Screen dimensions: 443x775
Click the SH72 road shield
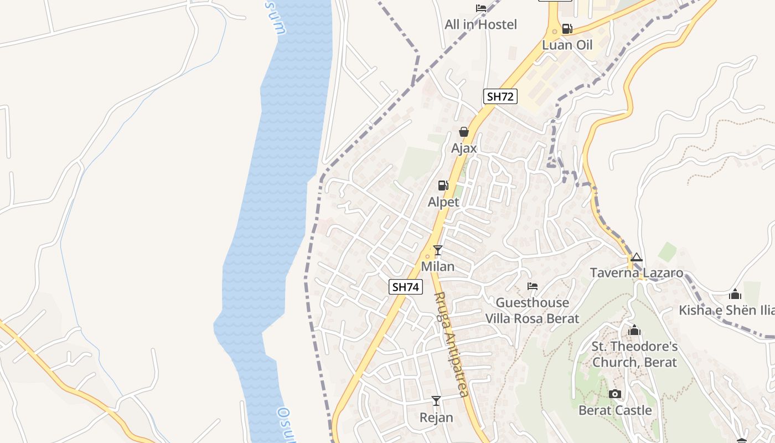[x=500, y=96]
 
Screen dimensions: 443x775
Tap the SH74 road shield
[x=406, y=286]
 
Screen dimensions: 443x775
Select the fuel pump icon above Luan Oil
[x=567, y=29]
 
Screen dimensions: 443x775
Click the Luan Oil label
[x=567, y=45]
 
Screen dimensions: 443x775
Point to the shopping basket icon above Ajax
[x=464, y=132]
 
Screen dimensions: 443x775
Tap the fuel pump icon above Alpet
[x=443, y=186]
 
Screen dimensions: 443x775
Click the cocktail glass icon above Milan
[x=438, y=250]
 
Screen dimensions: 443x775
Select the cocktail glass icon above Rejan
[x=436, y=401]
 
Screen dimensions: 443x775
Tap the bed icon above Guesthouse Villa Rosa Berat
[x=533, y=286]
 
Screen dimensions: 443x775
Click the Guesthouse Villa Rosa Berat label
[x=532, y=311]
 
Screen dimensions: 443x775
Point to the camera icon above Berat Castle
[x=614, y=394]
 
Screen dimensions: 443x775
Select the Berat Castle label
[x=614, y=410]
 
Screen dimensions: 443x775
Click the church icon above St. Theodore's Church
[x=634, y=331]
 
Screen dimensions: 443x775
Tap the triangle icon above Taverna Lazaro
[x=637, y=257]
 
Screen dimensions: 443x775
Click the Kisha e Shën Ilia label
[x=726, y=310]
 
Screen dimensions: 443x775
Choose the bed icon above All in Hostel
[x=481, y=8]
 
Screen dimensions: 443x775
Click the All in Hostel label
[x=480, y=24]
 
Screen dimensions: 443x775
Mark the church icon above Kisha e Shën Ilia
[x=735, y=294]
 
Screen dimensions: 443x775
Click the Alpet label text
[x=443, y=202]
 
